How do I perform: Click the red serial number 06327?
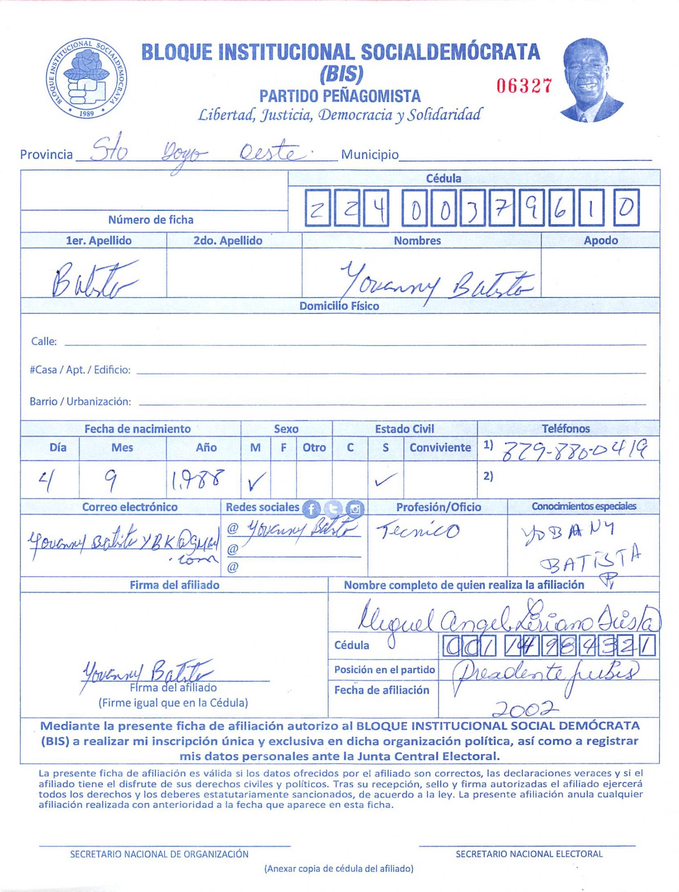(524, 86)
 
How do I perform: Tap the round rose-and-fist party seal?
(86, 78)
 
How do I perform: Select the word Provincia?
(46, 155)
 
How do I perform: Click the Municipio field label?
(370, 155)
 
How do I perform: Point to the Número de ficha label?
(151, 220)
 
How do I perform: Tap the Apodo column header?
(601, 241)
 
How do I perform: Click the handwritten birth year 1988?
(198, 480)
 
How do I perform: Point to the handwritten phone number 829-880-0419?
(575, 450)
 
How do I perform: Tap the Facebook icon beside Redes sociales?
(311, 508)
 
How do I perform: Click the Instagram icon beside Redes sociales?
(355, 508)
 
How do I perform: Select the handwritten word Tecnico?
(418, 530)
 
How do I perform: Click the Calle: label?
(44, 342)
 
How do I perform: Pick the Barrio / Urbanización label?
(80, 402)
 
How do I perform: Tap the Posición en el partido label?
(384, 670)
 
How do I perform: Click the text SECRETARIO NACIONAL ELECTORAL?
(529, 854)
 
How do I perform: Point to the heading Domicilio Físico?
(339, 306)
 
